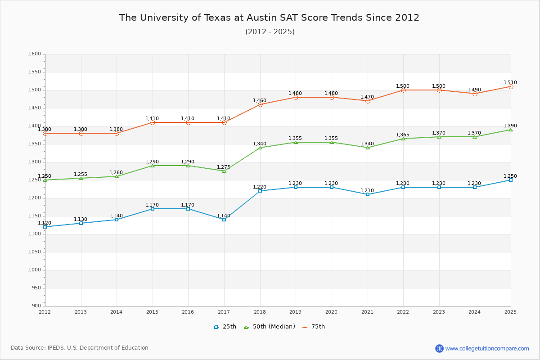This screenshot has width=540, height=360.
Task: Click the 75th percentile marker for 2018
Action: [x=260, y=104]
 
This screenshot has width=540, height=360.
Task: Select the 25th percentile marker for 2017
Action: [x=224, y=220]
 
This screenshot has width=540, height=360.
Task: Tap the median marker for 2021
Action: [x=368, y=148]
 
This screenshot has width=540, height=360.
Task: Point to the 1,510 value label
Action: [x=510, y=83]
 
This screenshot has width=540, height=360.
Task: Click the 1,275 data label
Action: [x=224, y=167]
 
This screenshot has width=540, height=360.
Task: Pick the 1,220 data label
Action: [x=260, y=187]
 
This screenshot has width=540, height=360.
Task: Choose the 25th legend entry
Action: [x=225, y=327]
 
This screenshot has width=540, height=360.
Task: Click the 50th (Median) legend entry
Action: [x=269, y=327]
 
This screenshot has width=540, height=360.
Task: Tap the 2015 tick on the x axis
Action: [x=152, y=312]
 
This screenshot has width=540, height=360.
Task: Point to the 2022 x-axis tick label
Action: [x=403, y=312]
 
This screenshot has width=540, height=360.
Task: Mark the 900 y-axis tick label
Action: [x=36, y=306]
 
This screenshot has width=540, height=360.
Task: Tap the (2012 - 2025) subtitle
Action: [x=270, y=32]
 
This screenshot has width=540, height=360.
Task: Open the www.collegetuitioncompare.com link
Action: [x=487, y=348]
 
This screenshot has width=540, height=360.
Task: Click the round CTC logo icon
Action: [x=439, y=348]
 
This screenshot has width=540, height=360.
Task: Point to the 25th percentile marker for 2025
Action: [x=511, y=180]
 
